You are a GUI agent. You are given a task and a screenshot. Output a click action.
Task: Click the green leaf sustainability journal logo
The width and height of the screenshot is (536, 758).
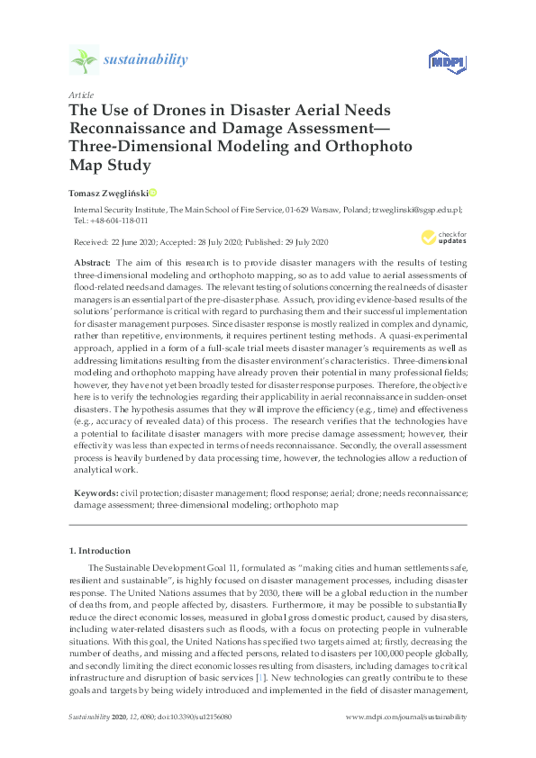[84, 60]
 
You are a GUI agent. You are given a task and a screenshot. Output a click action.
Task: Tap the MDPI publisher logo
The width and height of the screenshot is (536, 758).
[440, 61]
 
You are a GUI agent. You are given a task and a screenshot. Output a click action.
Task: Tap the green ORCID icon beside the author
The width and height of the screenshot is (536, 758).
[152, 192]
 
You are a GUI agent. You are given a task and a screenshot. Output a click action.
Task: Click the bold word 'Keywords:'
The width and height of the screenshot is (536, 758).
[95, 493]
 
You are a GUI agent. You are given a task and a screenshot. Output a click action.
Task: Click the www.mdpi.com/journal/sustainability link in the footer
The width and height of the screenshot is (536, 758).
[406, 742]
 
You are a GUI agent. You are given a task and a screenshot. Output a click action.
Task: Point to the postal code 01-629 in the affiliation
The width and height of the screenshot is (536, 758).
[301, 209]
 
